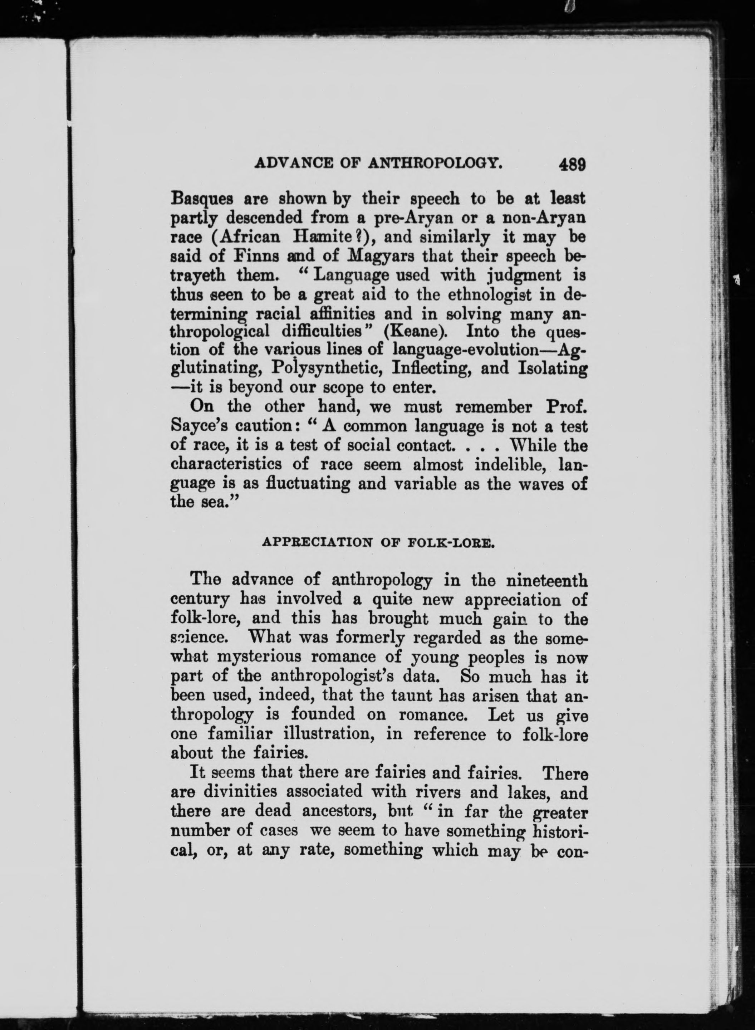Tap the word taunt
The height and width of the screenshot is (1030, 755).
click(411, 696)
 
